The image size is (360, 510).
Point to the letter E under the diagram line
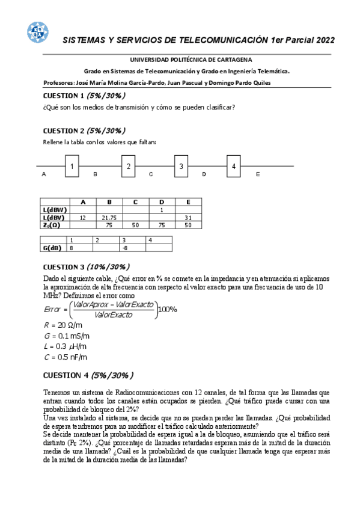(258, 174)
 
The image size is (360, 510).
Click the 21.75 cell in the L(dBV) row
(109, 217)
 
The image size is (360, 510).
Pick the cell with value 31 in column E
(188, 217)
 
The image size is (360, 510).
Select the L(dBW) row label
(55, 209)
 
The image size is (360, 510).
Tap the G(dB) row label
(53, 247)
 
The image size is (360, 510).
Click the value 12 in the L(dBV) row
(83, 217)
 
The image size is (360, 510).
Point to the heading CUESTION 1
(63, 96)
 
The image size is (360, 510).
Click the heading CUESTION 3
(63, 266)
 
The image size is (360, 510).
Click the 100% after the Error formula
(167, 309)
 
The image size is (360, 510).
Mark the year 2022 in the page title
(322, 40)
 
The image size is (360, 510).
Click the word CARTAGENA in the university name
(231, 60)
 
